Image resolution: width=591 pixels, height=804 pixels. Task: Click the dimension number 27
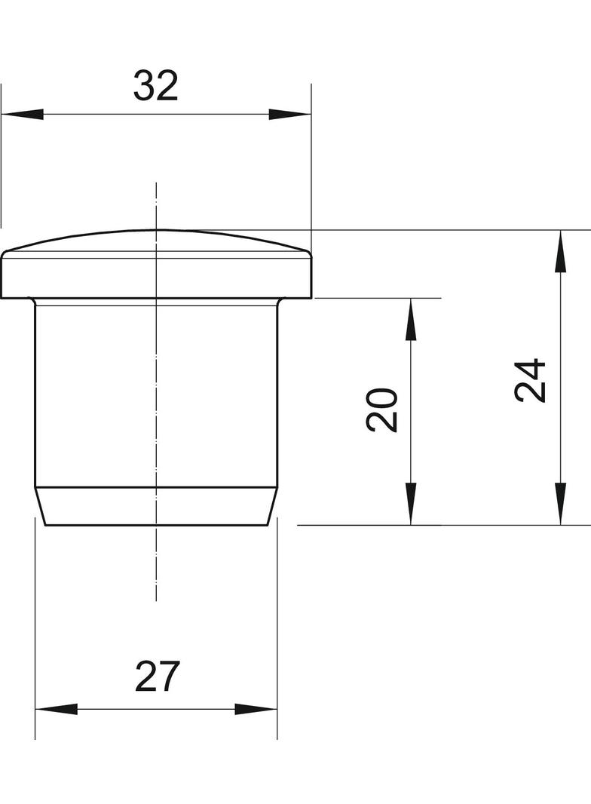tap(158, 677)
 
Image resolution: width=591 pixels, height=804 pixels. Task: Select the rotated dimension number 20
tap(382, 410)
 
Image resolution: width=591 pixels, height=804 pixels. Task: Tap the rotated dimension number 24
tap(531, 380)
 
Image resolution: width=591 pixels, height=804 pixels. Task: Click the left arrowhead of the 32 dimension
tap(22, 114)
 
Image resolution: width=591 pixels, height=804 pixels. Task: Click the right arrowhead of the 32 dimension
tap(290, 114)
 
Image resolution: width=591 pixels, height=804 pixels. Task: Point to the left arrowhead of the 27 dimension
tap(56, 709)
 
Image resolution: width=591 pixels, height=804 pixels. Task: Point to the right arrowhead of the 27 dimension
tap(256, 709)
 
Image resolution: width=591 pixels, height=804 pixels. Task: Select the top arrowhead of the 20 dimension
tap(410, 318)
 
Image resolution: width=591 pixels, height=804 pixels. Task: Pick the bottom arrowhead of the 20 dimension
tap(410, 504)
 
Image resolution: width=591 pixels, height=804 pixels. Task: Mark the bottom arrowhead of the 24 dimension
tap(560, 504)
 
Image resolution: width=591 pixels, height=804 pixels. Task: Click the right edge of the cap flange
tap(311, 277)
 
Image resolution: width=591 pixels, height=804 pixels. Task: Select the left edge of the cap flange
tap(2, 277)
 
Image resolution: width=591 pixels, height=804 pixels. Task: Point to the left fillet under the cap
tap(32, 301)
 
